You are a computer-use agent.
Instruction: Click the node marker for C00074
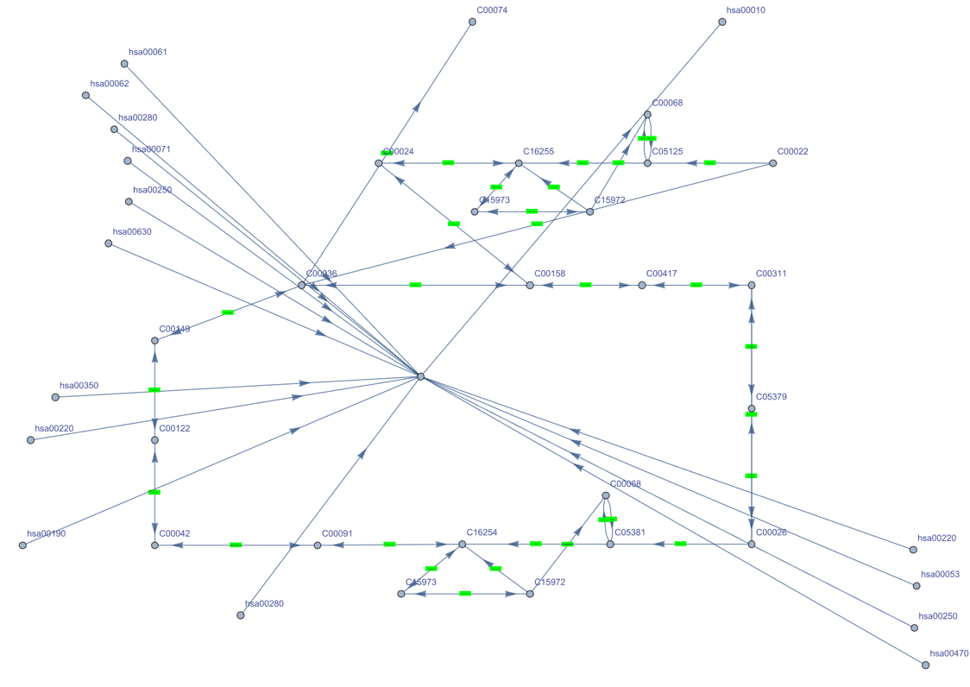pyautogui.click(x=472, y=22)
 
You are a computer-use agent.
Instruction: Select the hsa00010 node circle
pyautogui.click(x=722, y=22)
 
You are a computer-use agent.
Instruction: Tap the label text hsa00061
pyautogui.click(x=148, y=52)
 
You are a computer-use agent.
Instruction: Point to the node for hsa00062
pyautogui.click(x=86, y=96)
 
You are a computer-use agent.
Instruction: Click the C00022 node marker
pyautogui.click(x=773, y=163)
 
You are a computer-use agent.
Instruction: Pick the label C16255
pyautogui.click(x=539, y=152)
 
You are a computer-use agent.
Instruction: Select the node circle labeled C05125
pyautogui.click(x=647, y=163)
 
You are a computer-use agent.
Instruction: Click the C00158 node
pyautogui.click(x=530, y=285)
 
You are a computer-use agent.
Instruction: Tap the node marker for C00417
pyautogui.click(x=642, y=285)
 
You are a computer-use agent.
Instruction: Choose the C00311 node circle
pyautogui.click(x=752, y=285)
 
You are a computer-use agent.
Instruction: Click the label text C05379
pyautogui.click(x=771, y=397)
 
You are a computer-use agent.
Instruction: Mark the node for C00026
pyautogui.click(x=752, y=545)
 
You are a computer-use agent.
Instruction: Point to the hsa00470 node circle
pyautogui.click(x=925, y=665)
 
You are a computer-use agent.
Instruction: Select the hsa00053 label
pyautogui.click(x=940, y=574)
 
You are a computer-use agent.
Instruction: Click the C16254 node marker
pyautogui.click(x=463, y=545)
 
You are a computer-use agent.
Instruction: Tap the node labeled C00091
pyautogui.click(x=318, y=545)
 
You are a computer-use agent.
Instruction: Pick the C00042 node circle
pyautogui.click(x=155, y=545)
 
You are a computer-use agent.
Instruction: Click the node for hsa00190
pyautogui.click(x=23, y=545)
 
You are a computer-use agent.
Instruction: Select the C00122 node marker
pyautogui.click(x=155, y=440)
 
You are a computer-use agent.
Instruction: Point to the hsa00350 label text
pyautogui.click(x=79, y=386)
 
